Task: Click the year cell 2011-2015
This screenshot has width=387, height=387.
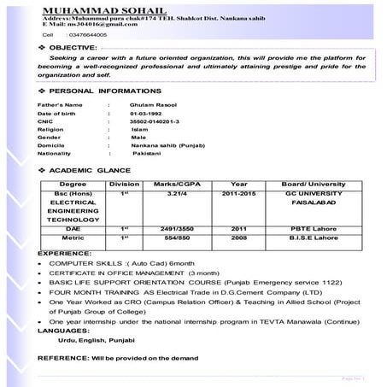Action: (x=238, y=194)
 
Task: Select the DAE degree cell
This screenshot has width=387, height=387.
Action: (x=73, y=228)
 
